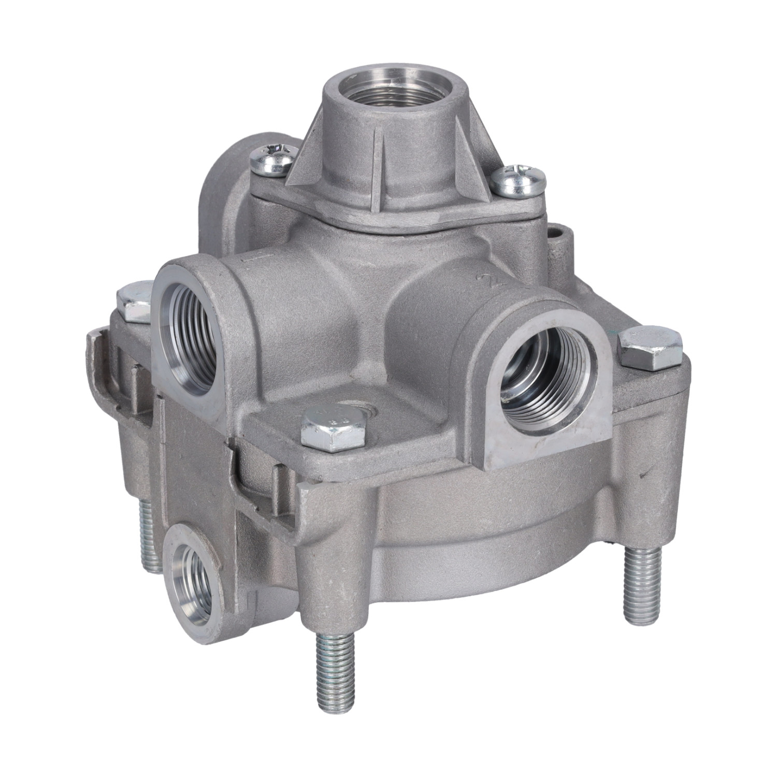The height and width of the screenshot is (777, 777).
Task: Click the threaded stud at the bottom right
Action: tap(642, 585)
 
